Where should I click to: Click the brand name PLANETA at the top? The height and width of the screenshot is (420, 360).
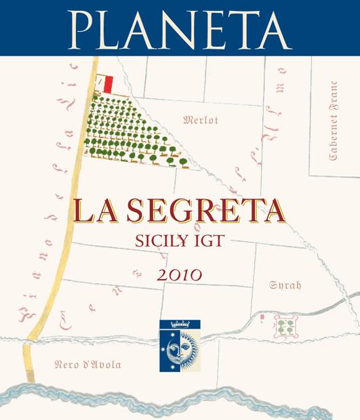(180, 26)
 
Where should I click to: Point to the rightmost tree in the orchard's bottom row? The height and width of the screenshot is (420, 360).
(183, 162)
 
